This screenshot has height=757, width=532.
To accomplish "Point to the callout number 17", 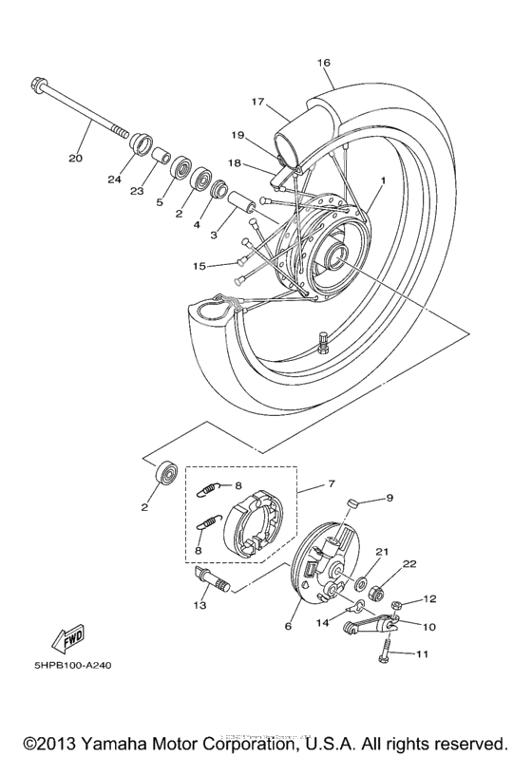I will (256, 101).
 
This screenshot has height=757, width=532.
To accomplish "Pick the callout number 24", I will (115, 180).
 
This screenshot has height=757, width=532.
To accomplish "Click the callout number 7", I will (331, 484).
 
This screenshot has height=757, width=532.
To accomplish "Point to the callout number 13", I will (199, 604).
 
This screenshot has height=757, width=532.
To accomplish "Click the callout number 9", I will (388, 498).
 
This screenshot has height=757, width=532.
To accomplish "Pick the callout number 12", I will (429, 599).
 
